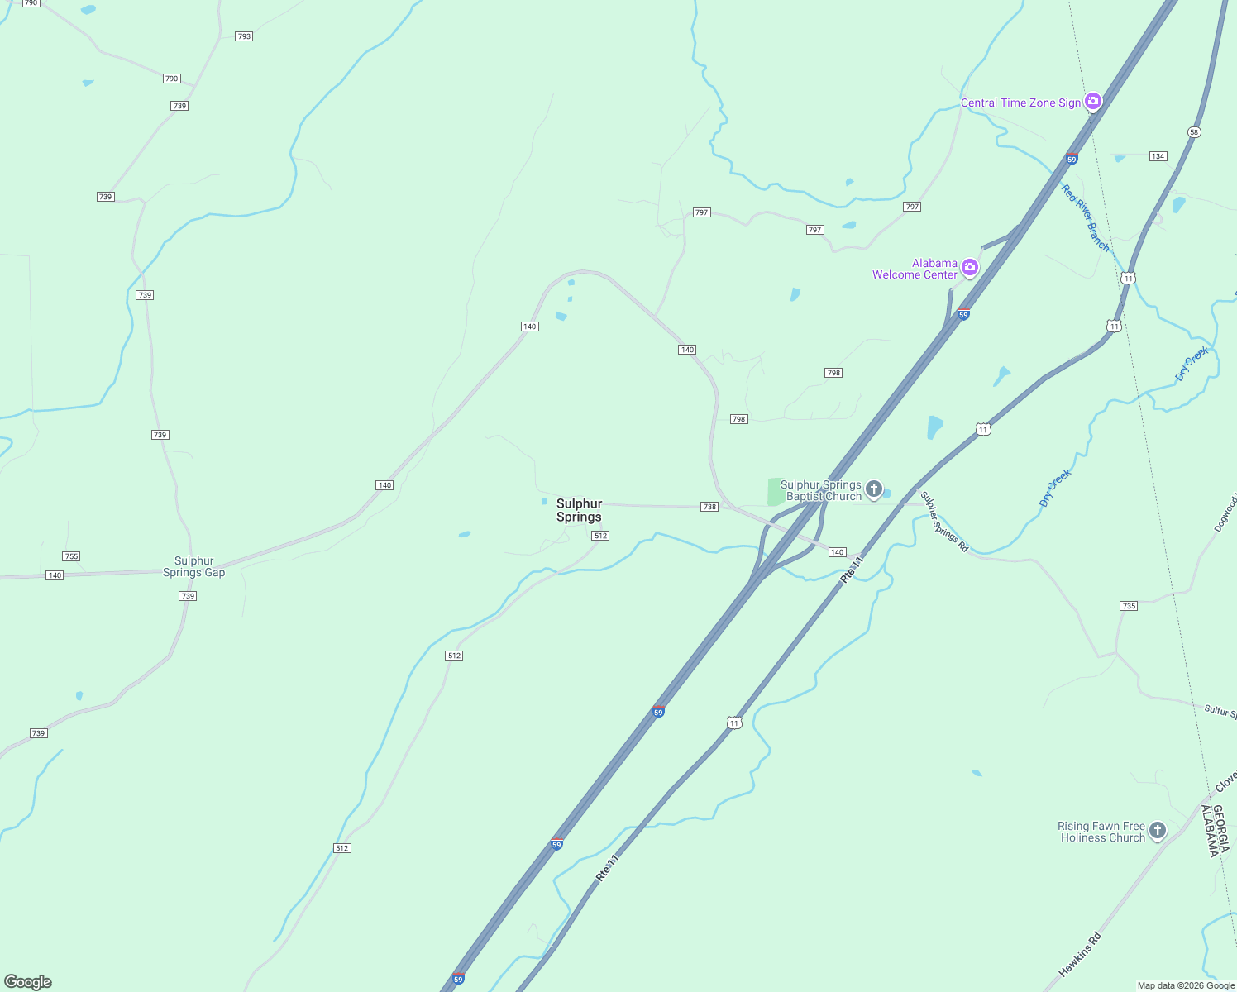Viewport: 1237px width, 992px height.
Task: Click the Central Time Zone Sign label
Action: coord(1020,103)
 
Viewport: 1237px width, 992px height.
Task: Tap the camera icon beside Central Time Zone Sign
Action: coord(1093,101)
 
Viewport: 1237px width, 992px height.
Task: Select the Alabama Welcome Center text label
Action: coord(915,269)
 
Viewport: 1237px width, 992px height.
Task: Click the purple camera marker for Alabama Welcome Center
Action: coord(970,267)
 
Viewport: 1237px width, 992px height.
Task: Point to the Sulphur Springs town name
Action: coord(579,510)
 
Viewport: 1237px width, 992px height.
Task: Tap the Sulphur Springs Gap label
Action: coord(193,566)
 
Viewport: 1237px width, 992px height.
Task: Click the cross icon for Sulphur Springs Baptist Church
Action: coord(874,489)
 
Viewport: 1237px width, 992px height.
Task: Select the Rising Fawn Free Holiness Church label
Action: coord(1101,832)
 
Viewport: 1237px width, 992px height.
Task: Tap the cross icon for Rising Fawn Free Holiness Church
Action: coord(1158,830)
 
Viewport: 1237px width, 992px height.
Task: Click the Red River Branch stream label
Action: coord(1085,217)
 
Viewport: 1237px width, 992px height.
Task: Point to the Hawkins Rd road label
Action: coord(1080,955)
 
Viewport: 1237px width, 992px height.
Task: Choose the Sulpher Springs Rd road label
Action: coord(943,522)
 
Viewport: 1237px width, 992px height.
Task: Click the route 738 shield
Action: coord(709,507)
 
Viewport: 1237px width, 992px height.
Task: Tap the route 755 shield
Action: coord(71,556)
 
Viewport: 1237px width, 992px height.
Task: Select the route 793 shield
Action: coord(243,36)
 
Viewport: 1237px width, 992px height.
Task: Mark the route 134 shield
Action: coord(1158,156)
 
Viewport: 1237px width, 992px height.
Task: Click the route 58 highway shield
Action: coord(1193,132)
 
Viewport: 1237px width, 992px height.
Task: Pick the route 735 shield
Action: coord(1129,606)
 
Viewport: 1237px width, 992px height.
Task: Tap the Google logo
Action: coord(28,982)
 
